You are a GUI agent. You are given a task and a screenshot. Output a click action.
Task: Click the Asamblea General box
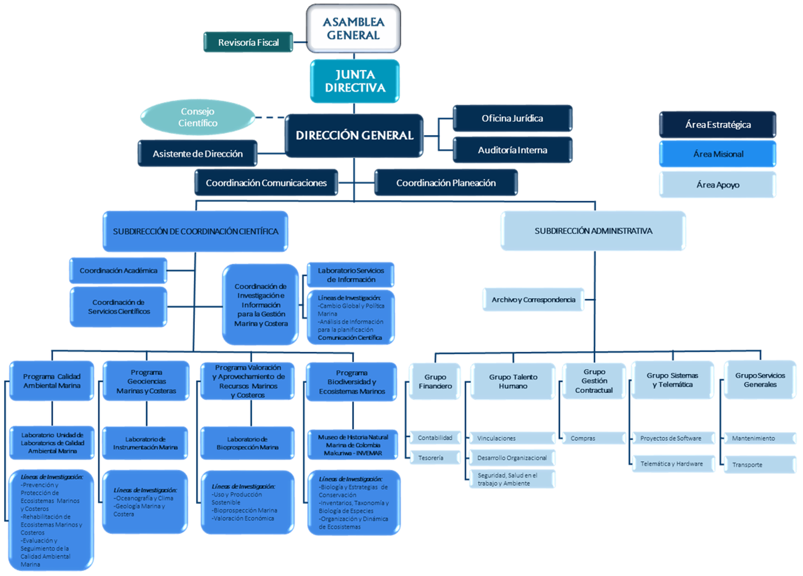click(353, 28)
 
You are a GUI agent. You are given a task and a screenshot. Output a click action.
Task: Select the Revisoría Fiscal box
click(248, 42)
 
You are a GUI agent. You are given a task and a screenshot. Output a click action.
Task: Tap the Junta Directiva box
click(355, 81)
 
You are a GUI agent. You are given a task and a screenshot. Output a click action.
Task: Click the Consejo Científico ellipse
click(198, 117)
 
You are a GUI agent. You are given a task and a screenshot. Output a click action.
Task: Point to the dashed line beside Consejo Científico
click(270, 117)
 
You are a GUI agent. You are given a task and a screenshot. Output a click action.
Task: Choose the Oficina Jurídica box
click(512, 118)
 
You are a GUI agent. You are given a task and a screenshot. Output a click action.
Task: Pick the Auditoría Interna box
click(512, 150)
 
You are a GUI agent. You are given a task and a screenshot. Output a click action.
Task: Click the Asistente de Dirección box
click(198, 154)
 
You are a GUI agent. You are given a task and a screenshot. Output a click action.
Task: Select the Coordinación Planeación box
click(446, 183)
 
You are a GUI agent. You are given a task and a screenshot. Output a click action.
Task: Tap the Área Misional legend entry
click(718, 154)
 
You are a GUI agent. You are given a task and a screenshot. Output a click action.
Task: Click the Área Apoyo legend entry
click(718, 185)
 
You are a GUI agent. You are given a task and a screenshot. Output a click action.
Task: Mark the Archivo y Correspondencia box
click(533, 300)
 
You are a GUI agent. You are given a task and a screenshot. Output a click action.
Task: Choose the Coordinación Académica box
click(118, 270)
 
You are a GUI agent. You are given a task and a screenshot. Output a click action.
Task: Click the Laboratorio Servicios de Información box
click(351, 275)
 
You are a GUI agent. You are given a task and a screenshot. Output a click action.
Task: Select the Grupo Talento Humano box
click(513, 381)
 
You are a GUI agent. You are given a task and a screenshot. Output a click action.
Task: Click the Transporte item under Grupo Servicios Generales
click(759, 465)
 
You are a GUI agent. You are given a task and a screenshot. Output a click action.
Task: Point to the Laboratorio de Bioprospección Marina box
click(247, 443)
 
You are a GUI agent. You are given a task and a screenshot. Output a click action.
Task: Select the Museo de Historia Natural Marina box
click(353, 445)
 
